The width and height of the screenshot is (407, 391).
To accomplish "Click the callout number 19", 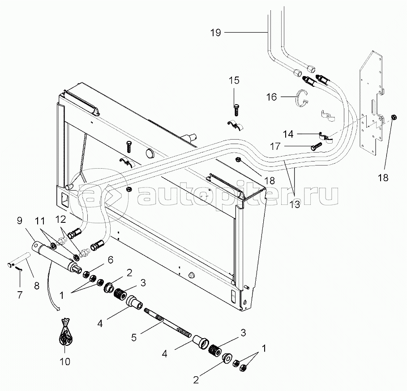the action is (216, 33).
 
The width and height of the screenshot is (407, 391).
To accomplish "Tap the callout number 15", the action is (235, 81).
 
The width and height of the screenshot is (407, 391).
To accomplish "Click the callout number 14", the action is (289, 133).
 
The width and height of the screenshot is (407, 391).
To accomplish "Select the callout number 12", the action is (60, 220).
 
